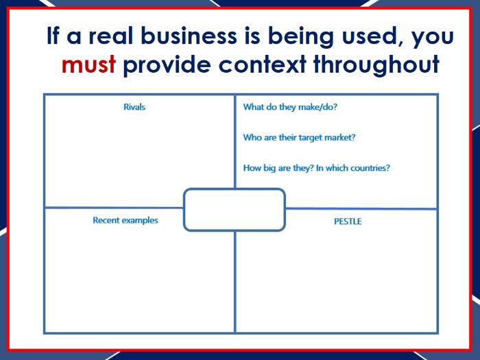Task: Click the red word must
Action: click(x=88, y=65)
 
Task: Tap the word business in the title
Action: click(x=189, y=36)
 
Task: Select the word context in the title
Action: click(x=263, y=65)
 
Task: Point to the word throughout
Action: click(x=376, y=65)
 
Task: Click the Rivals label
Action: click(x=134, y=107)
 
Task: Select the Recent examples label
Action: click(x=125, y=220)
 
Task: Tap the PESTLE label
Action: click(x=348, y=221)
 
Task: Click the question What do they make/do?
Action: click(x=290, y=107)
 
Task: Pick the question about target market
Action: click(x=300, y=137)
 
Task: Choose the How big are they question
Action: click(x=317, y=168)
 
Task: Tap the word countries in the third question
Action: click(x=370, y=168)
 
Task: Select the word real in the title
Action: click(x=110, y=36)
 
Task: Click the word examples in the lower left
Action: click(x=140, y=221)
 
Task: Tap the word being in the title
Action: click(x=301, y=37)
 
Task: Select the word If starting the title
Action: click(x=53, y=36)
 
